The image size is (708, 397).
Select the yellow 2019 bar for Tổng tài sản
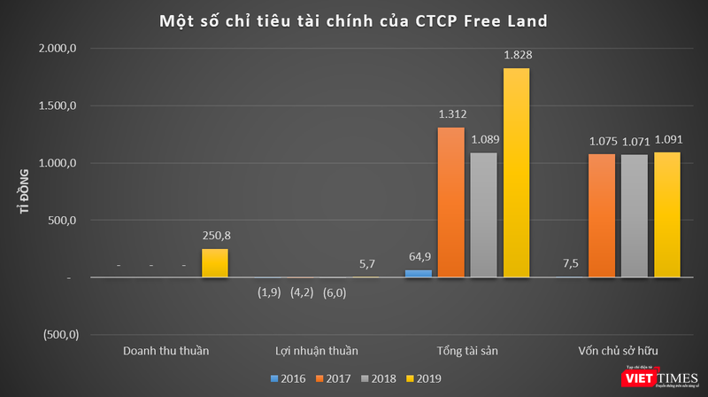coord(516,173)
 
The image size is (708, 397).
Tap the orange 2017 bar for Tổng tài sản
coord(451,202)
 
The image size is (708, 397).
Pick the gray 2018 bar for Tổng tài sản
coord(484,215)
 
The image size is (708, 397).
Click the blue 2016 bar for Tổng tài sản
coord(419,274)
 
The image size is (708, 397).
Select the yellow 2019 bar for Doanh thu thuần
coord(215,263)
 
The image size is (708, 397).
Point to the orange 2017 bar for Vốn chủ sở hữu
coord(602,216)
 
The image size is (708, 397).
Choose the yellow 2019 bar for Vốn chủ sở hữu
coord(666,215)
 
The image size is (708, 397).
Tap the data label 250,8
coord(215,236)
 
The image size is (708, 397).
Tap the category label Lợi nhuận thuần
coord(316,351)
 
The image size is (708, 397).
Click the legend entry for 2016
coord(289,378)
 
